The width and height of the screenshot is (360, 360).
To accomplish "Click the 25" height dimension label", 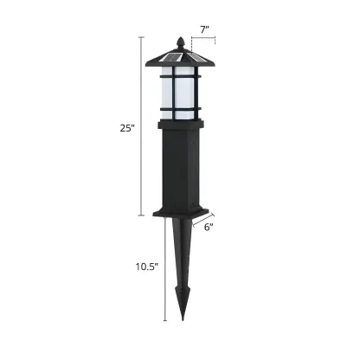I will click(127, 127).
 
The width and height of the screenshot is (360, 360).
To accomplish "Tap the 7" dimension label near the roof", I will click(204, 30).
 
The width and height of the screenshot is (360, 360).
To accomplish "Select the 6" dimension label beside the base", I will click(209, 227).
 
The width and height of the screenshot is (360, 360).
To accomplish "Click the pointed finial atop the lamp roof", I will click(180, 42).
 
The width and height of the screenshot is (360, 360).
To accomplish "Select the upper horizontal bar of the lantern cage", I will click(180, 78).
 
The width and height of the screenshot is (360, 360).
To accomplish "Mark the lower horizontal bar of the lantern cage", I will click(180, 108).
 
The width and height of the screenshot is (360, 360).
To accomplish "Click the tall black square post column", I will click(180, 169).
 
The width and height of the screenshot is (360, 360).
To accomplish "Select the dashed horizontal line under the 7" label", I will click(204, 40).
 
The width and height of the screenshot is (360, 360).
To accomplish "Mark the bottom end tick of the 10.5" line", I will click(164, 320).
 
